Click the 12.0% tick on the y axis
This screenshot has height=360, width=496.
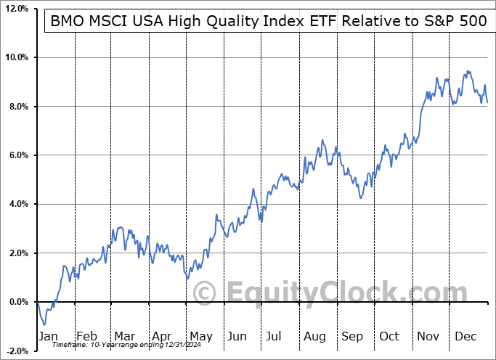point(16,9)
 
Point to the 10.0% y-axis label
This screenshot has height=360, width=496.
point(16,57)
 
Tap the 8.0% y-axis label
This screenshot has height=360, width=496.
point(17,107)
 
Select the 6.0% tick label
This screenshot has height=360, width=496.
point(17,155)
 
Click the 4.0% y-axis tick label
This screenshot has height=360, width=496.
point(17,204)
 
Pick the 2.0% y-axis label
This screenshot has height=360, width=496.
point(17,253)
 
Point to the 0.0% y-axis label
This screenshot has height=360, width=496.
point(17,302)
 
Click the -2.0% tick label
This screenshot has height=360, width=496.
point(16,351)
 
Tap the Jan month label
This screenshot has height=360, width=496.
point(49,336)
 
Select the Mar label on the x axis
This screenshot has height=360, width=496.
point(124,336)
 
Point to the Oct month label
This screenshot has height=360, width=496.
point(389,336)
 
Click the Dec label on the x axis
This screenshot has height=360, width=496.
point(465,336)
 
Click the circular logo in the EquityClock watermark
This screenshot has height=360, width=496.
point(206,293)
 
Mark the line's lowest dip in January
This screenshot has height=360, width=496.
point(45,325)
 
